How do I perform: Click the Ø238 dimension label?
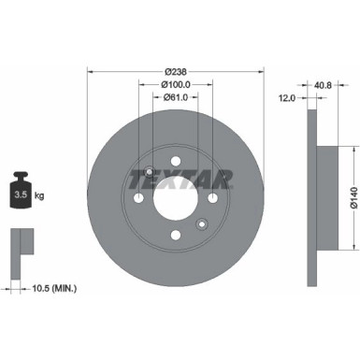click(175, 70)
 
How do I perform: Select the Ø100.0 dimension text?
click(175, 83)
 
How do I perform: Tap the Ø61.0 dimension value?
click(175, 96)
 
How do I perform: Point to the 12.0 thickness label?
click(287, 96)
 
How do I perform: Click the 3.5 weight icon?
click(21, 195)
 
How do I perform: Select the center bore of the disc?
click(175, 197)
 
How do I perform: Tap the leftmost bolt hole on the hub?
click(138, 198)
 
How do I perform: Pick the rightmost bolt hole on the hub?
click(212, 198)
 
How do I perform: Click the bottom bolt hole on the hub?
click(175, 235)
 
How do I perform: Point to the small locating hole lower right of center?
click(200, 223)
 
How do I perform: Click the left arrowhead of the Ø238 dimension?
click(90, 71)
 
